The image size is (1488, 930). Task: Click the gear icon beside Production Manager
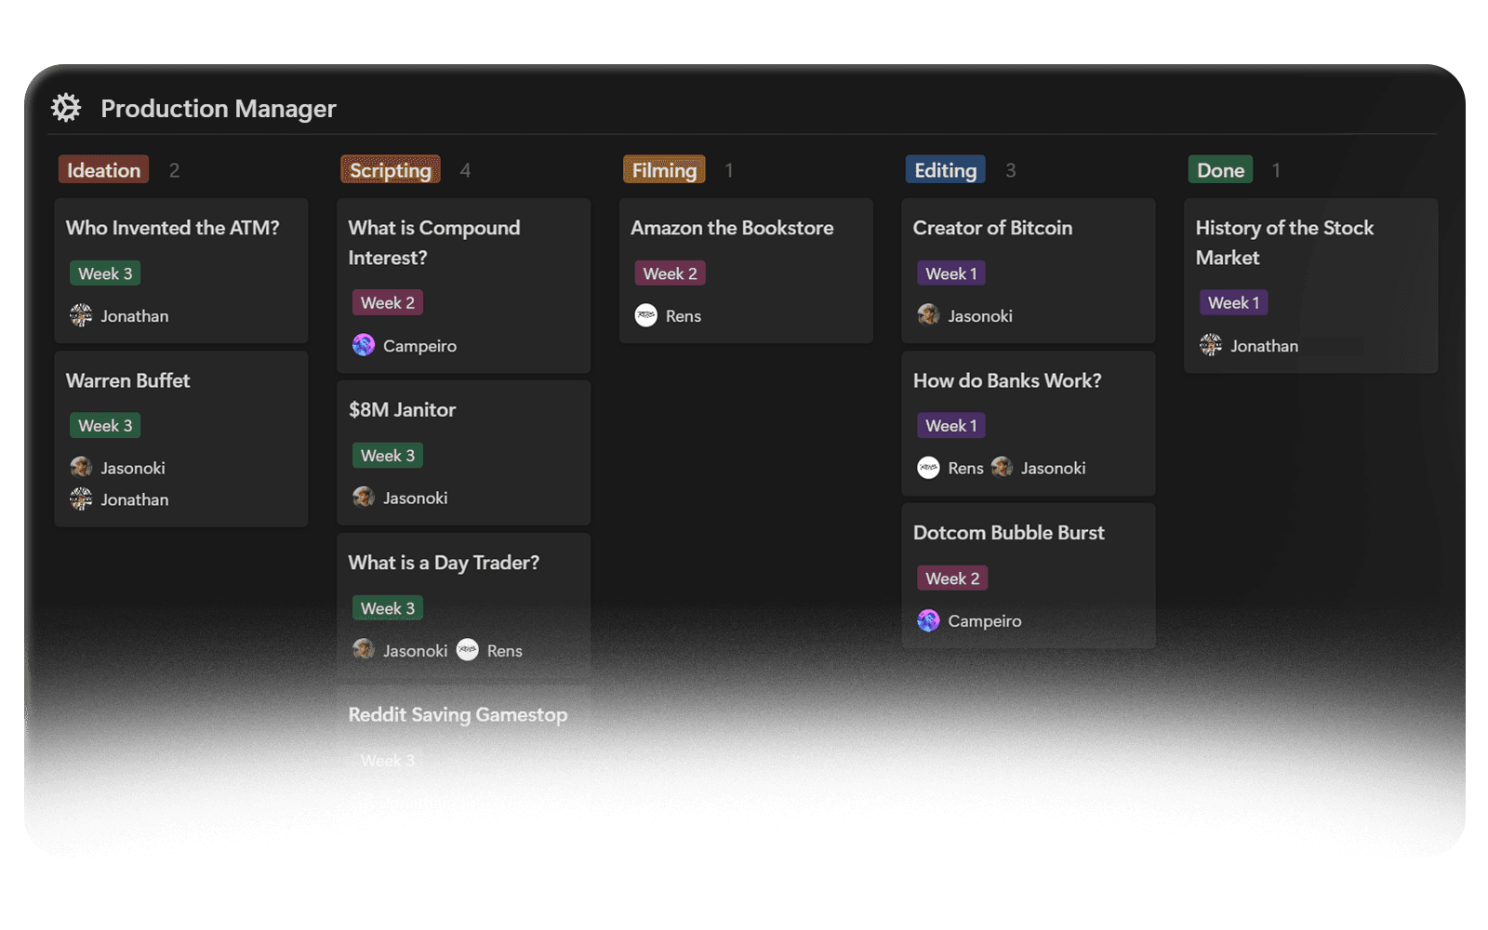point(66,108)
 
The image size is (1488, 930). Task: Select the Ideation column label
point(103,170)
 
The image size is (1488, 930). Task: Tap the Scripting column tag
point(390,170)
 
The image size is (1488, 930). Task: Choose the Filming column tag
point(664,170)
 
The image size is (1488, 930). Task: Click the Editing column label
point(945,170)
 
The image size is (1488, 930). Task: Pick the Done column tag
point(1220,170)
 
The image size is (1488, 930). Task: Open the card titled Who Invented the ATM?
point(172,228)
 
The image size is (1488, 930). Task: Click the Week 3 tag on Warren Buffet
point(105,426)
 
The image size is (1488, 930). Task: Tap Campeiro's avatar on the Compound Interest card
point(364,346)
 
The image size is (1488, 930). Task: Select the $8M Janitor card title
point(402,410)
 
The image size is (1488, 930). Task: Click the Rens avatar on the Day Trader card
point(468,650)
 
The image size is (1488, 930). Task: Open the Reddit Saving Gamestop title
point(458,715)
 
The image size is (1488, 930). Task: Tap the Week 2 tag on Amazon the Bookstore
point(670,273)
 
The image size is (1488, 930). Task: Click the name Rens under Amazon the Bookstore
point(684,316)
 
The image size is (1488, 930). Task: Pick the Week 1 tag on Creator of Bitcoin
point(950,273)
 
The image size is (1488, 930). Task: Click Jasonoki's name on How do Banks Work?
point(1053,468)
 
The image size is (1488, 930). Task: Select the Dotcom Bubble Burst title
point(1008,533)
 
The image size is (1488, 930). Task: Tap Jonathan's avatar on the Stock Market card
point(1211,346)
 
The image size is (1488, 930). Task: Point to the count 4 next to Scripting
point(465,170)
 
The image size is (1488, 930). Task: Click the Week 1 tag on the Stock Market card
point(1233,303)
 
